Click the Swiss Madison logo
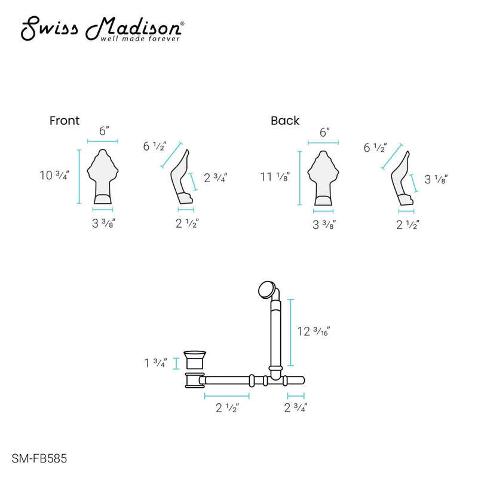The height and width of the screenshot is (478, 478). click(102, 29)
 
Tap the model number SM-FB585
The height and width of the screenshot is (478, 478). click(39, 458)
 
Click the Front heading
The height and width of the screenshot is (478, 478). click(65, 121)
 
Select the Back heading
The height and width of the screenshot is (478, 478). click(285, 121)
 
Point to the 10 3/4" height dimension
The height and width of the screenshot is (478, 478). click(54, 175)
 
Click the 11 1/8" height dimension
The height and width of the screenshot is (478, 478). click(275, 176)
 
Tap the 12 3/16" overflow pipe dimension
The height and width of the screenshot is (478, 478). click(313, 332)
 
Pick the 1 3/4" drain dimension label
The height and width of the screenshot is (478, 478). click(155, 363)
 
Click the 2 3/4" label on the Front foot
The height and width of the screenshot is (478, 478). click(215, 177)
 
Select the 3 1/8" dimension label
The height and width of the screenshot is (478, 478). click(436, 179)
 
